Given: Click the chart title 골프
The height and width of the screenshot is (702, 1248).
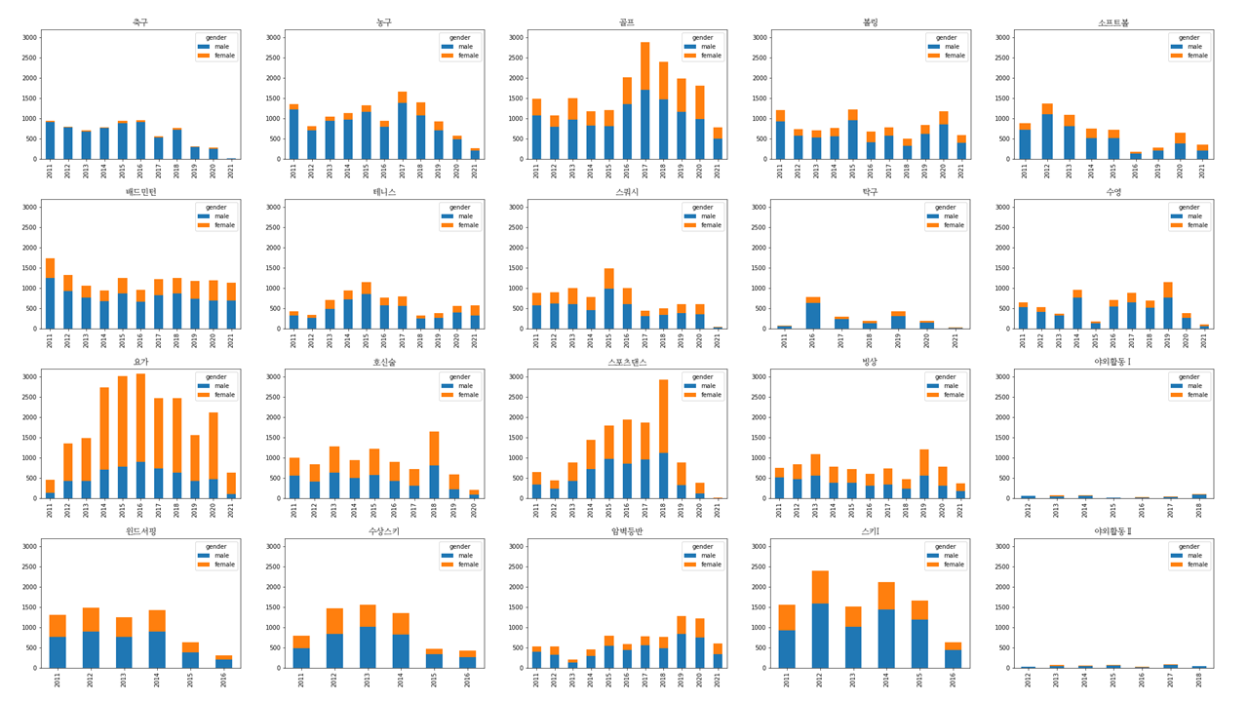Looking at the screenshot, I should coord(626,21).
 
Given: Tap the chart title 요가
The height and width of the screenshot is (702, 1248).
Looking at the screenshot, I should coord(140,362).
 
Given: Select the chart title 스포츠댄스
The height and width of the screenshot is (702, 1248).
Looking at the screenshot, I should coord(626,362).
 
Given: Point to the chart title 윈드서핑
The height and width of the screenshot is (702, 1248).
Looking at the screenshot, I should coord(140,531).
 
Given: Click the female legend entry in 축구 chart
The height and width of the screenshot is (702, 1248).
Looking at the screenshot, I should coord(219,56).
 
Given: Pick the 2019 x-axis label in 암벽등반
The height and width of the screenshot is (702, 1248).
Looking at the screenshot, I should coord(681,680).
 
